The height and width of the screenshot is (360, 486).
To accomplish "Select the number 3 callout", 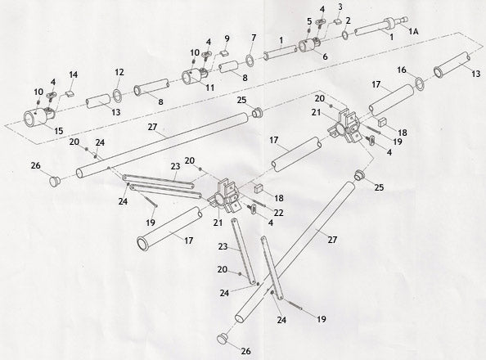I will click(x=340, y=7).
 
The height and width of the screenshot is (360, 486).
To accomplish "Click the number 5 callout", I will click(x=309, y=20).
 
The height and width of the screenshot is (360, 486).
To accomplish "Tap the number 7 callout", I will click(x=254, y=38).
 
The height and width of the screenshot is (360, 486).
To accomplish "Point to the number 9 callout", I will click(x=227, y=38).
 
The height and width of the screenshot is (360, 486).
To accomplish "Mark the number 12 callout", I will click(x=119, y=72).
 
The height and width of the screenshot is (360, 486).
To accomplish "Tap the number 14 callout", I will click(x=74, y=74).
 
